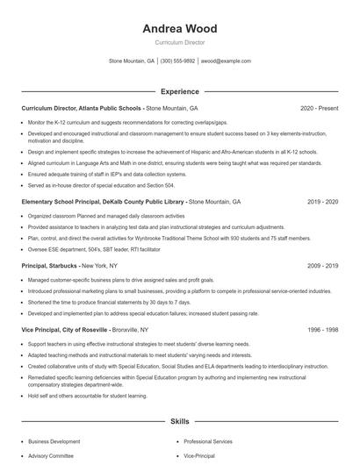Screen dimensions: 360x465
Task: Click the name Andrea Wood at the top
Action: click(179, 29)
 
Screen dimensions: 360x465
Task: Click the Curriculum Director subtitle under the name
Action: click(179, 42)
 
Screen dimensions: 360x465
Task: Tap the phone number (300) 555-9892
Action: click(177, 61)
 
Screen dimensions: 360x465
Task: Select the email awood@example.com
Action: click(226, 61)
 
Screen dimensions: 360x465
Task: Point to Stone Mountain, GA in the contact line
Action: click(131, 61)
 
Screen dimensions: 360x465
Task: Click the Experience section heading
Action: click(179, 91)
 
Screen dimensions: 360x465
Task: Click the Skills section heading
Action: click(179, 422)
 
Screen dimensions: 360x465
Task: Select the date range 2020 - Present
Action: click(319, 108)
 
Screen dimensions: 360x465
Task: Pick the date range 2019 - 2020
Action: click(322, 201)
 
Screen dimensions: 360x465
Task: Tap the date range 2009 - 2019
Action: click(322, 265)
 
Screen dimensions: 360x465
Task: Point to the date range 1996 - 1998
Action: click(322, 329)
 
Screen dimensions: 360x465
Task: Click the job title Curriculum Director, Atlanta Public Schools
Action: click(82, 108)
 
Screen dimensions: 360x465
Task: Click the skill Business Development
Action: click(53, 442)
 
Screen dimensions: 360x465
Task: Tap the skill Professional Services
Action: click(208, 442)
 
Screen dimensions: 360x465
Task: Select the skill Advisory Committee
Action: click(51, 456)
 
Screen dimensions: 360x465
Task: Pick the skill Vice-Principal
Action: click(198, 456)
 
